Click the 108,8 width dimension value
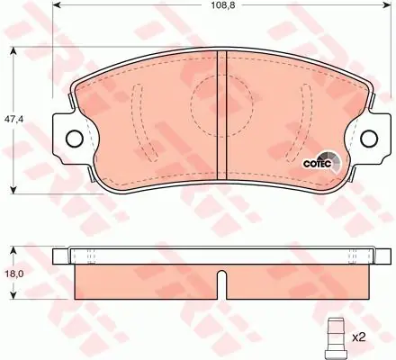tap(222, 5)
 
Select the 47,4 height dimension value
tap(13, 119)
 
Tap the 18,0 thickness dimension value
tap(12, 274)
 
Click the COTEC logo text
tap(317, 164)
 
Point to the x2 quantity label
tap(358, 337)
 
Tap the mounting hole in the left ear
tap(74, 139)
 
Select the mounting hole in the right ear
tap(369, 139)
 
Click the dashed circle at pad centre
tap(221, 105)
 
